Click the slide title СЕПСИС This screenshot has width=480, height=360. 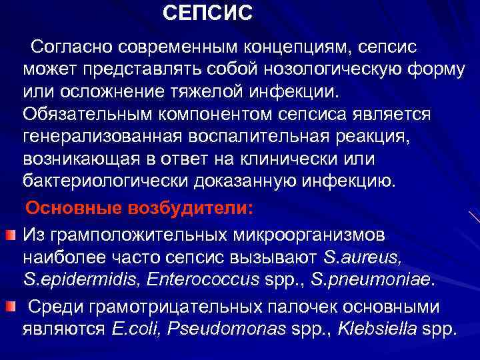[x=208, y=13]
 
